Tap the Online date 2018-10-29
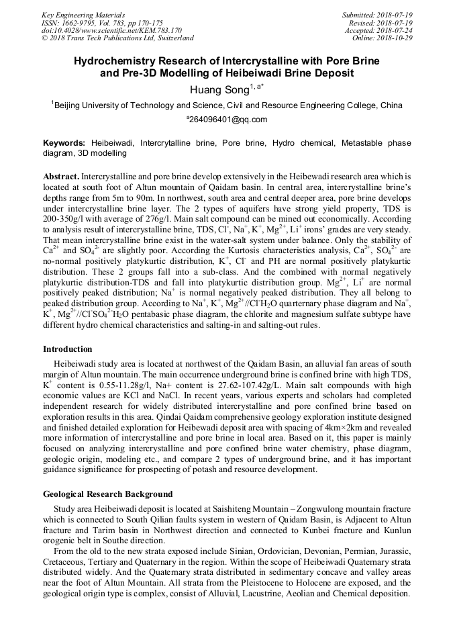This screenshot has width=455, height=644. [397, 38]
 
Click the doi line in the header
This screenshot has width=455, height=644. [111, 30]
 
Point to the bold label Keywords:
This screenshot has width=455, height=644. [64, 143]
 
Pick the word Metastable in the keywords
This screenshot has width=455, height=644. [365, 143]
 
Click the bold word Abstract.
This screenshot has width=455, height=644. [61, 175]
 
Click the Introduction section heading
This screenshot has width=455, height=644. [68, 349]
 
